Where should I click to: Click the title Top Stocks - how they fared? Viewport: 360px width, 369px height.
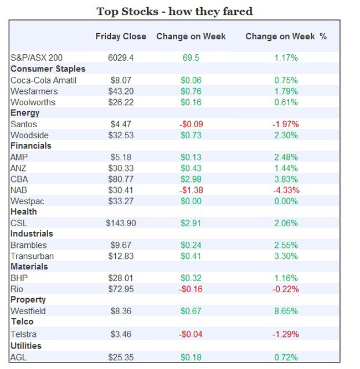coord(174,11)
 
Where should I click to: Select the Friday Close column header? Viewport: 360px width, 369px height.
coord(121,37)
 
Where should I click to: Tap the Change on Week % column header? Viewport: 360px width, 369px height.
coord(286,37)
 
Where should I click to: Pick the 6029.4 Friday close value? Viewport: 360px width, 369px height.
coord(121,58)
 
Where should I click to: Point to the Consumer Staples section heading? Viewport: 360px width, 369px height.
coord(48,69)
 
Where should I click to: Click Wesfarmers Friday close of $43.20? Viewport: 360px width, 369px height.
coord(121,91)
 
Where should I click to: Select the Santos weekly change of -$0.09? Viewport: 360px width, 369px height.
coord(191,124)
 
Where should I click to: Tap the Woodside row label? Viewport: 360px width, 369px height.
coord(29,136)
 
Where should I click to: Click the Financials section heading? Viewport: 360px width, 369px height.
coord(30,146)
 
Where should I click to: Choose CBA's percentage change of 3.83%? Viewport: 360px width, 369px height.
coord(286,179)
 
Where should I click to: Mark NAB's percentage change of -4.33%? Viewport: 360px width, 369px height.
coord(286,190)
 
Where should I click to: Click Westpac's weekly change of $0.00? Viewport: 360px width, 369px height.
coord(191,201)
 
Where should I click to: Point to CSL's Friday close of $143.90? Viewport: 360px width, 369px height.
coord(121,224)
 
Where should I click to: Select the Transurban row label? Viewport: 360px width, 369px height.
coord(32,256)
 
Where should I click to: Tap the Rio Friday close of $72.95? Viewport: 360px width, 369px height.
coord(121,289)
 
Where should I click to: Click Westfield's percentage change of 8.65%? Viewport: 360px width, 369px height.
coord(286,311)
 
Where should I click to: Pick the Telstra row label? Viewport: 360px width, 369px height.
coord(24,334)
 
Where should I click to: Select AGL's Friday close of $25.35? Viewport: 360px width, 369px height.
coord(121,357)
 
